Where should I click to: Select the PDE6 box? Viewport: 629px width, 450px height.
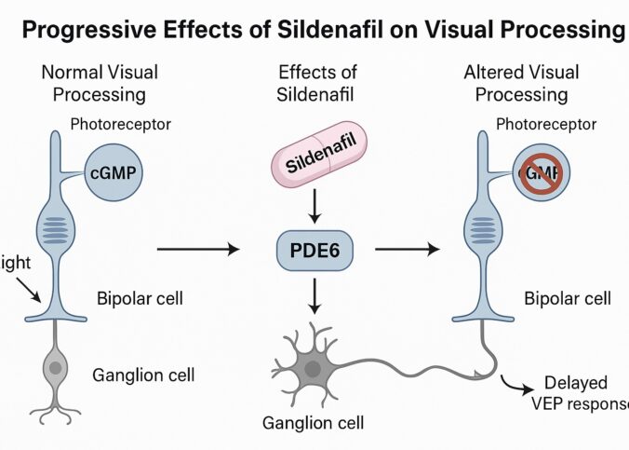315,250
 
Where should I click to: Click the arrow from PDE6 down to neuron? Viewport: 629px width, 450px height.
315,295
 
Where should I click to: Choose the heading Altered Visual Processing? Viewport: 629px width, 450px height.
521,83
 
